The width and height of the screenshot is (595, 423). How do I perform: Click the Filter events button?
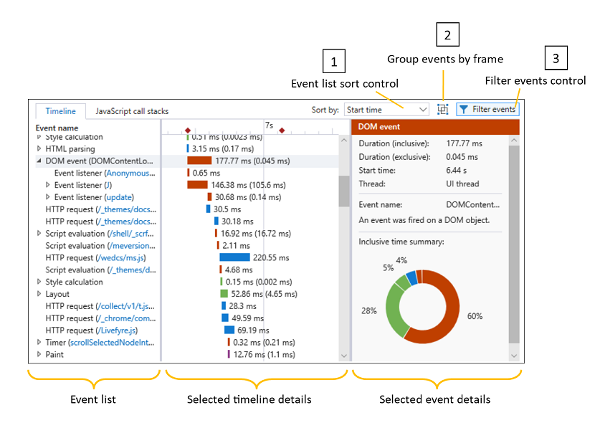[487, 110]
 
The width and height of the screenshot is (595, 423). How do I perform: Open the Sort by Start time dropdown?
[386, 110]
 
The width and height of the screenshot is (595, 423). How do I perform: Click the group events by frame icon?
[443, 110]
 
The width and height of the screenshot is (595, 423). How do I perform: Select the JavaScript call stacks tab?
[132, 111]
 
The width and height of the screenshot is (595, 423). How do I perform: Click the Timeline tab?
[60, 111]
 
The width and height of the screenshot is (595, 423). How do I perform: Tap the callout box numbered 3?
[556, 57]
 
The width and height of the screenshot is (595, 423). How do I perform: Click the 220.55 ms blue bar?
[234, 257]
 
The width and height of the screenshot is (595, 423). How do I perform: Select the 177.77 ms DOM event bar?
[199, 161]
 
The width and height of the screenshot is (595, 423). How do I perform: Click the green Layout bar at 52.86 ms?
[224, 294]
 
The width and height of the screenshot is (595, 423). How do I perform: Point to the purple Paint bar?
[229, 354]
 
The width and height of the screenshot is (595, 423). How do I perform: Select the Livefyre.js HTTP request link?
[117, 331]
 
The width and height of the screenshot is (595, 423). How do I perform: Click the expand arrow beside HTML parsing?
[39, 148]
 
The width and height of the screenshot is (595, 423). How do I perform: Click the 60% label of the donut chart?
[475, 316]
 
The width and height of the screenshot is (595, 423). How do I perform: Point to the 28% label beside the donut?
[368, 310]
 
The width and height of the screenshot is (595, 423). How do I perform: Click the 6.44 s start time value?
[457, 171]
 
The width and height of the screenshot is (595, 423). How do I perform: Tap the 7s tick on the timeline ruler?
[269, 125]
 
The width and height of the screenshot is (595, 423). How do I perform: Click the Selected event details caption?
[434, 399]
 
